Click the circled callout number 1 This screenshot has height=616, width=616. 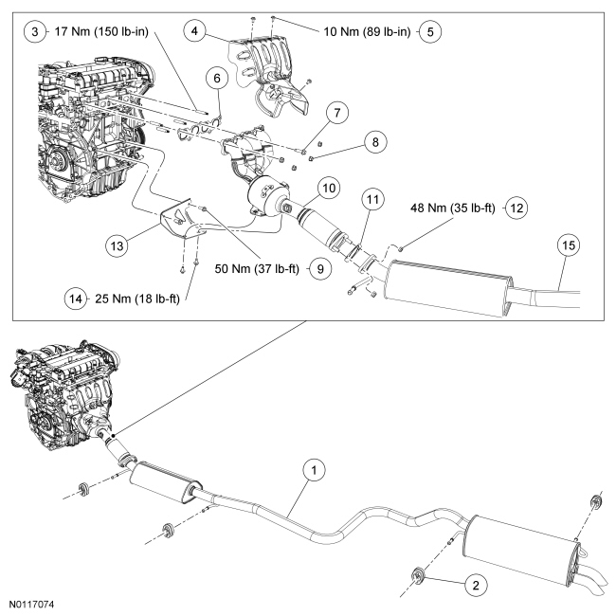click(314, 469)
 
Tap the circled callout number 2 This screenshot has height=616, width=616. click(476, 586)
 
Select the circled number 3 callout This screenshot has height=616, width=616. click(34, 31)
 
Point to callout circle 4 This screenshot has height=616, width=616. click(194, 30)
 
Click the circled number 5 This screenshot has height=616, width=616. click(430, 31)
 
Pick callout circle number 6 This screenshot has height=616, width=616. click(217, 78)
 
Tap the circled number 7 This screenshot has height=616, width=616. click(337, 113)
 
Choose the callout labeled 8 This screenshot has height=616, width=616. click(375, 141)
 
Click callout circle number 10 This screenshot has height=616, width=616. click(329, 188)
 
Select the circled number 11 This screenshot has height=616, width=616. click(372, 199)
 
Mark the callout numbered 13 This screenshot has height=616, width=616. click(117, 246)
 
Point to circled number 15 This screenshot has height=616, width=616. click(569, 245)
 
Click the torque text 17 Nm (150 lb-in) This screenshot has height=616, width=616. click(101, 31)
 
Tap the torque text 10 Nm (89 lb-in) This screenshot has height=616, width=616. click(367, 31)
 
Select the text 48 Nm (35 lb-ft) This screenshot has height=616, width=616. click(453, 208)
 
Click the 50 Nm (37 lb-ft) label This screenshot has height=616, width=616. click(257, 269)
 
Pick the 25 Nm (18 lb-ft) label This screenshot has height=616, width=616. click(137, 299)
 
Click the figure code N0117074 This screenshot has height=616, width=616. click(32, 605)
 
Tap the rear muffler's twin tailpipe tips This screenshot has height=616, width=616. click(591, 586)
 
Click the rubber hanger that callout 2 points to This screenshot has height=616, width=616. click(417, 575)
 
